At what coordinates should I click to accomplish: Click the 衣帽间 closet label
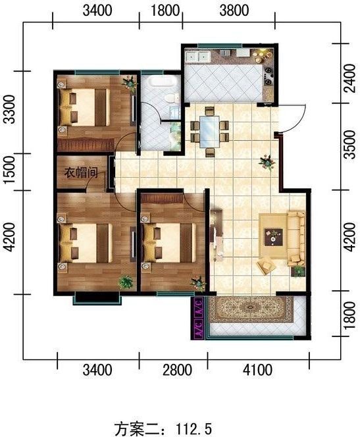click(x=80, y=174)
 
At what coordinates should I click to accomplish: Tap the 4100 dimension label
click(x=257, y=370)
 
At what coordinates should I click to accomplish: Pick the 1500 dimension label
click(x=9, y=172)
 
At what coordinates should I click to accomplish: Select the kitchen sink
click(x=199, y=56)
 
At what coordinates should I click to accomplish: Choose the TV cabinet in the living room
click(x=215, y=233)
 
